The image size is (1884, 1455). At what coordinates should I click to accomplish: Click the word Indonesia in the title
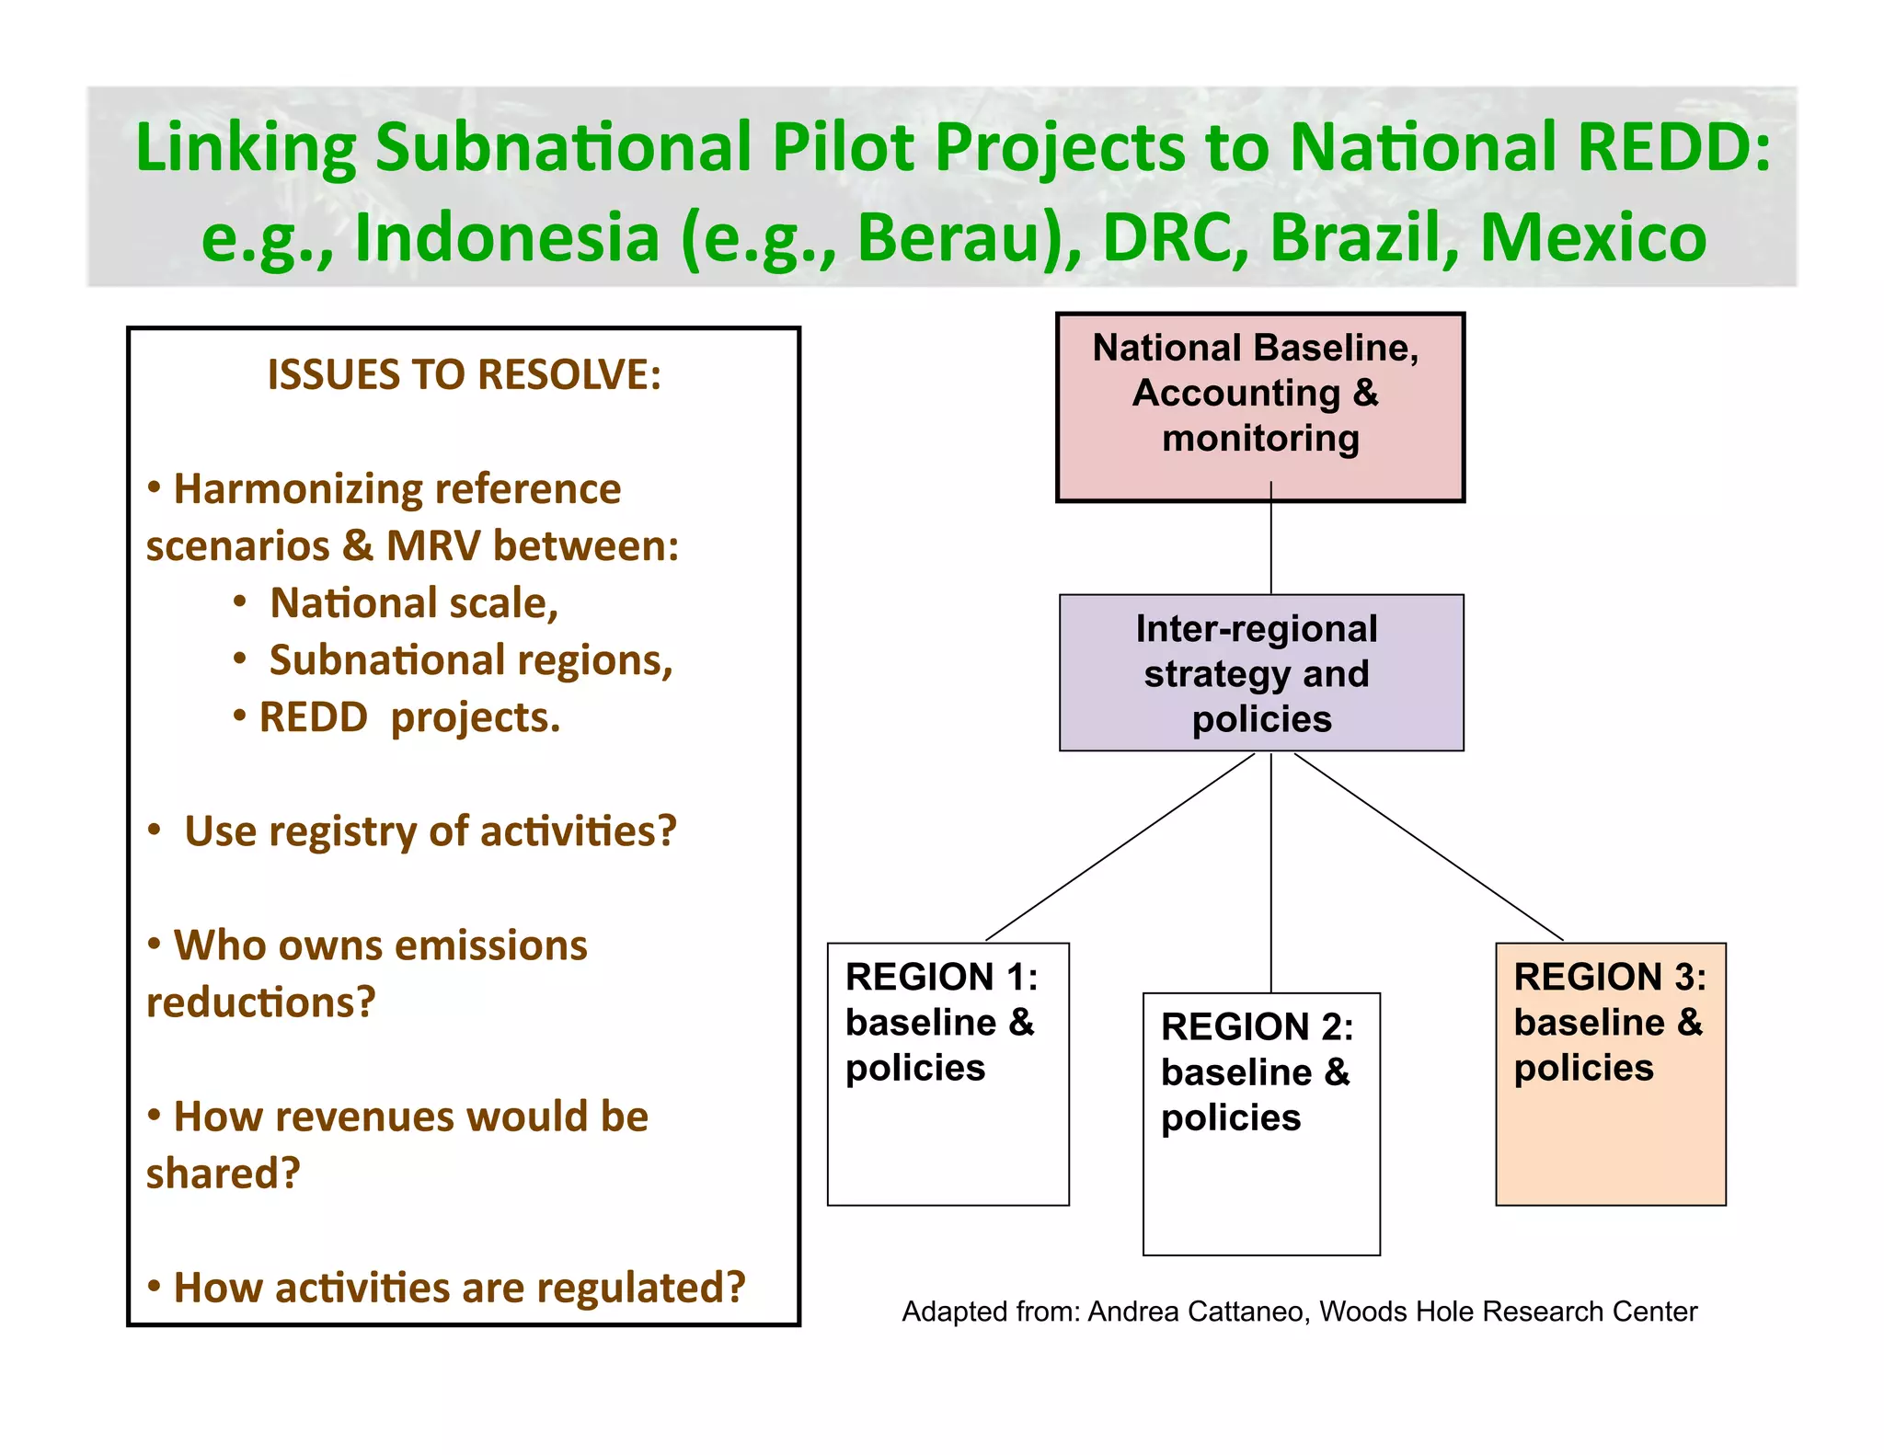point(507,238)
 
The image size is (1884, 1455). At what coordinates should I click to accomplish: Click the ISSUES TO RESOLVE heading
point(464,374)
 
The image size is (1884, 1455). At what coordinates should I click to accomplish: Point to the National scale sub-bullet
point(413,603)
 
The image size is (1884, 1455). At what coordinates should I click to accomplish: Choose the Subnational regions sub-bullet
point(470,660)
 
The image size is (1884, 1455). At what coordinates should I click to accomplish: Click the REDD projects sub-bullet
point(408,717)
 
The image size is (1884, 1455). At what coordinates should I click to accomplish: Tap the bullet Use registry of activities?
point(430,831)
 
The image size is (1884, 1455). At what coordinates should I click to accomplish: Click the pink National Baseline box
point(1259,407)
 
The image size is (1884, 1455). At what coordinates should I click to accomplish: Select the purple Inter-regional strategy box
point(1260,673)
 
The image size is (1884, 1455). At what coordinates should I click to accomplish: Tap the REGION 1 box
point(948,1073)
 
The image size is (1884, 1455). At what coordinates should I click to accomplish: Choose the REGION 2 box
point(1260,1124)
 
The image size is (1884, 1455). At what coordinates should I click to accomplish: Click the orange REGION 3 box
point(1610,1073)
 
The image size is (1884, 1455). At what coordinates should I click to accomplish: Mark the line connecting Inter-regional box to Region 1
point(1120,847)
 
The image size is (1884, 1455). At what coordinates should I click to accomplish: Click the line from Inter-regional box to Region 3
point(1429,847)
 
